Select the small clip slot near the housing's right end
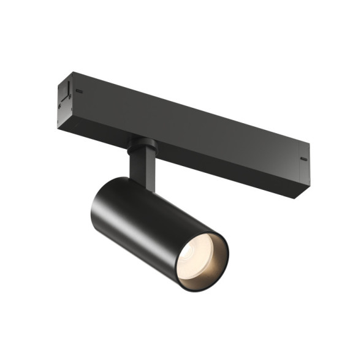coord(303,160)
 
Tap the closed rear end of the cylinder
coord(101,202)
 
